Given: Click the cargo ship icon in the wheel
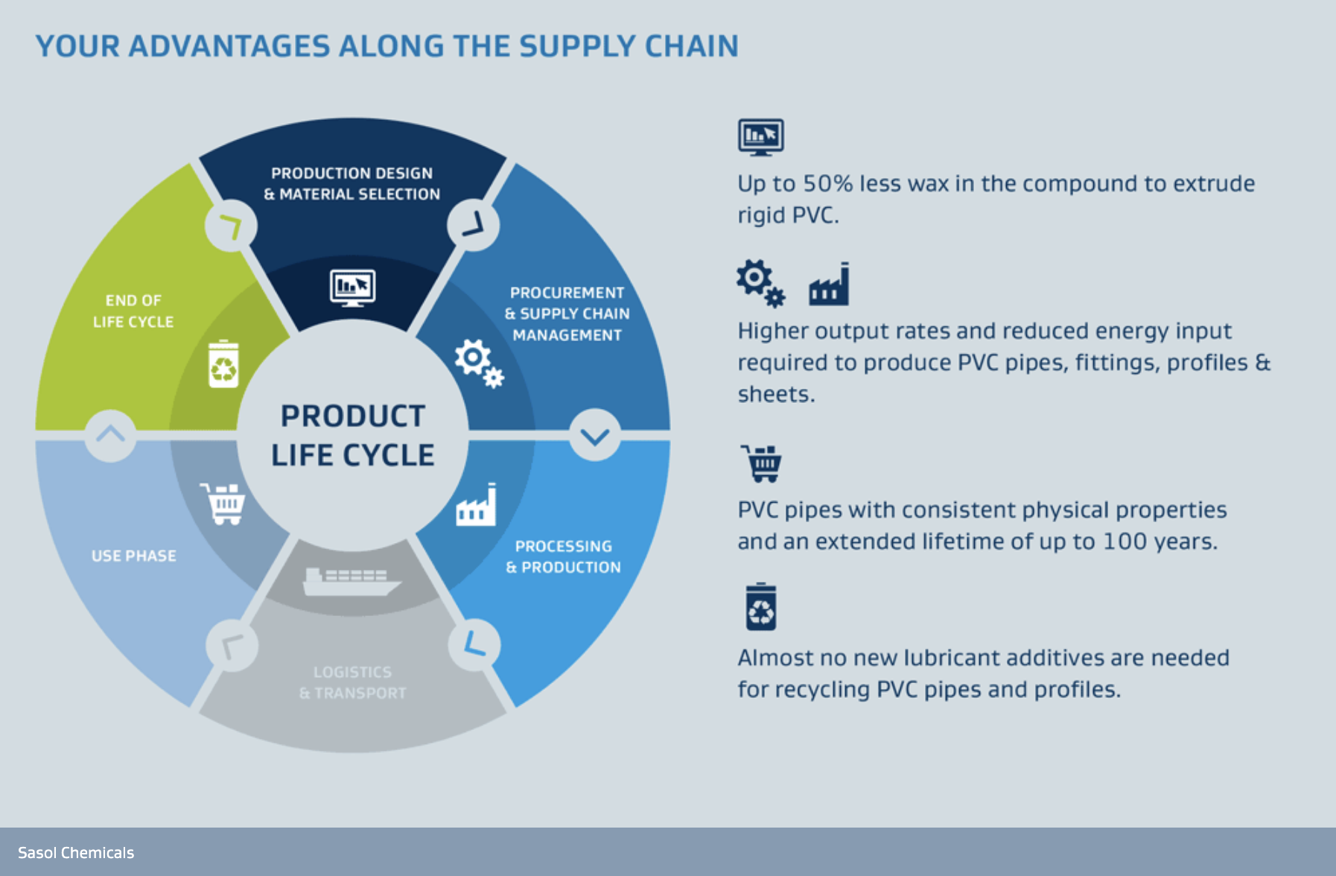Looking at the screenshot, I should pyautogui.click(x=352, y=581).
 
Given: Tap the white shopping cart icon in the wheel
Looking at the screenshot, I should pyautogui.click(x=223, y=504).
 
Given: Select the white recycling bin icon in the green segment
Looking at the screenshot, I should pyautogui.click(x=223, y=364).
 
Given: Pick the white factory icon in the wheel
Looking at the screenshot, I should pyautogui.click(x=477, y=506).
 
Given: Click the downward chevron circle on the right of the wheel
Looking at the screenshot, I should pyautogui.click(x=595, y=436).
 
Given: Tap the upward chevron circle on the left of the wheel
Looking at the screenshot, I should pyautogui.click(x=110, y=435).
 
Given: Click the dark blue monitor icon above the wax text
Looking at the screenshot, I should pyautogui.click(x=760, y=137).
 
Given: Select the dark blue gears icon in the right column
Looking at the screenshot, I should pyautogui.click(x=760, y=283).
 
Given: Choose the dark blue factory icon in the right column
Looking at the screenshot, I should pyautogui.click(x=829, y=285).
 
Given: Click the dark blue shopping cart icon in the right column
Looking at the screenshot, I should pyautogui.click(x=762, y=463).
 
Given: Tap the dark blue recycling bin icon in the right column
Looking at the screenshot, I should pyautogui.click(x=761, y=607).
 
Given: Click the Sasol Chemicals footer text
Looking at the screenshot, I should pyautogui.click(x=76, y=853).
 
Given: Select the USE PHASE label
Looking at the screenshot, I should pyautogui.click(x=134, y=556).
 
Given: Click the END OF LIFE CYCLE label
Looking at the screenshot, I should pyautogui.click(x=133, y=311).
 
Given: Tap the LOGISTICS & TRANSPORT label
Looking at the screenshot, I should pyautogui.click(x=352, y=682).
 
